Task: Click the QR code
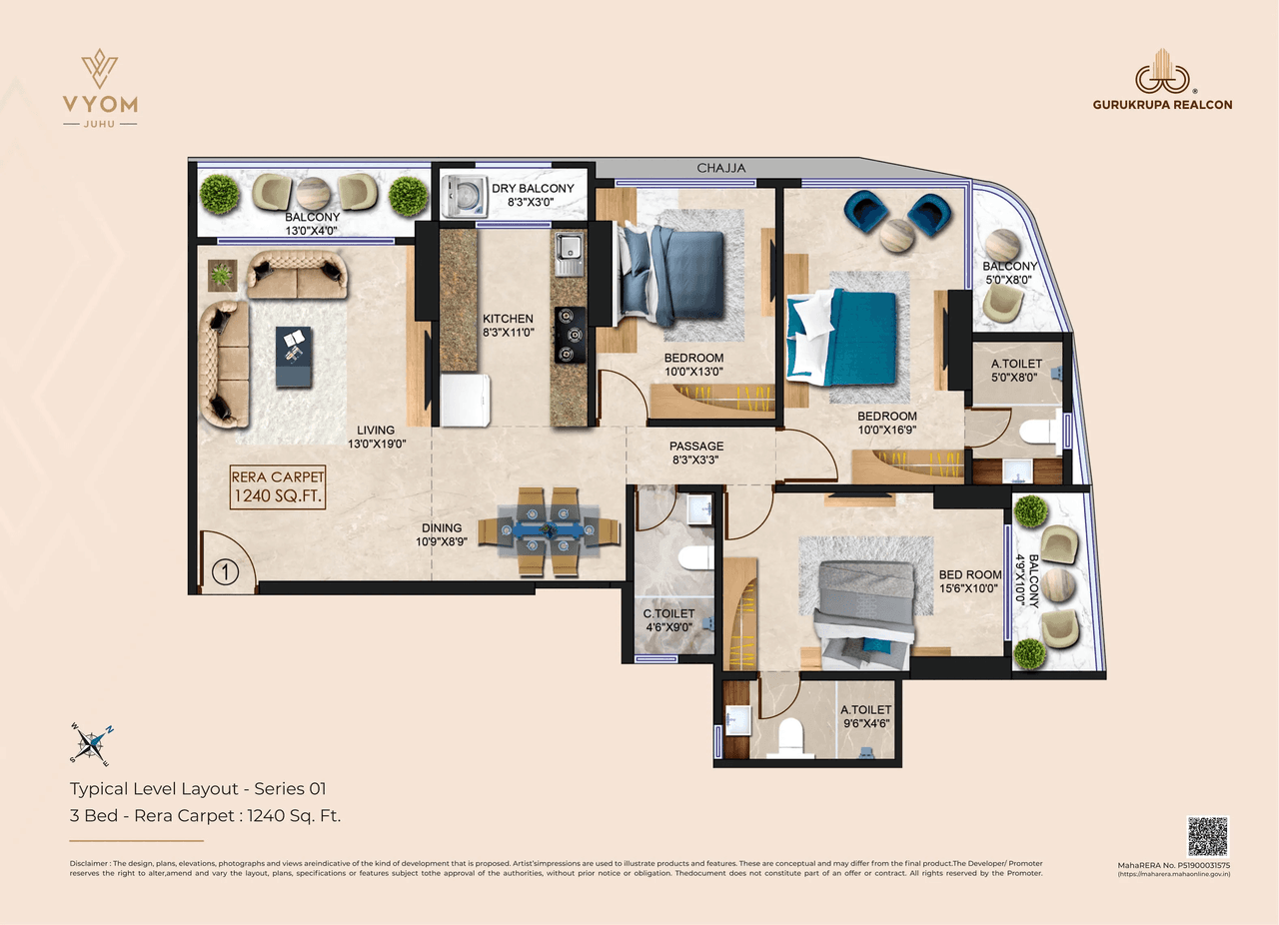[1207, 837]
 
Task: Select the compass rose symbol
[91, 741]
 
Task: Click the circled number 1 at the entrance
[227, 573]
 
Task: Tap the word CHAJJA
[721, 169]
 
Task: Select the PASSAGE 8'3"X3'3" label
[696, 454]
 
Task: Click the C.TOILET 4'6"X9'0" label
[668, 620]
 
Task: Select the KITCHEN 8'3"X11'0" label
[508, 327]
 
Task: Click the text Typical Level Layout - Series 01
[198, 788]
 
